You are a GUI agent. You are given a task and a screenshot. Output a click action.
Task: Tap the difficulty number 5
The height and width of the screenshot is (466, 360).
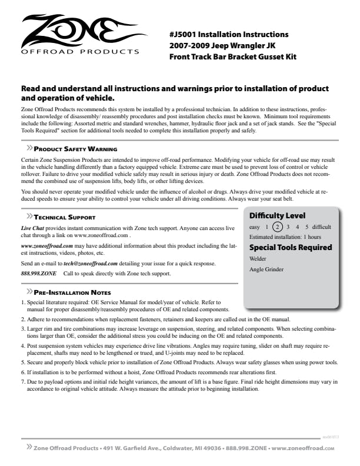pyautogui.click(x=306, y=227)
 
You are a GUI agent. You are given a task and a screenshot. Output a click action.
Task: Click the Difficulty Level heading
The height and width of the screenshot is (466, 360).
pyautogui.click(x=277, y=215)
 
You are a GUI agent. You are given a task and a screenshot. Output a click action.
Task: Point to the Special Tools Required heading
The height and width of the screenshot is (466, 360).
pyautogui.click(x=291, y=247)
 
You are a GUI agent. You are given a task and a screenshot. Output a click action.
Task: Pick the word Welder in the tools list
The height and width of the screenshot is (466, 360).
pyautogui.click(x=258, y=258)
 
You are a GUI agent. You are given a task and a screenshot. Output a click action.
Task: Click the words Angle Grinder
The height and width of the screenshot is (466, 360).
pyautogui.click(x=266, y=269)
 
